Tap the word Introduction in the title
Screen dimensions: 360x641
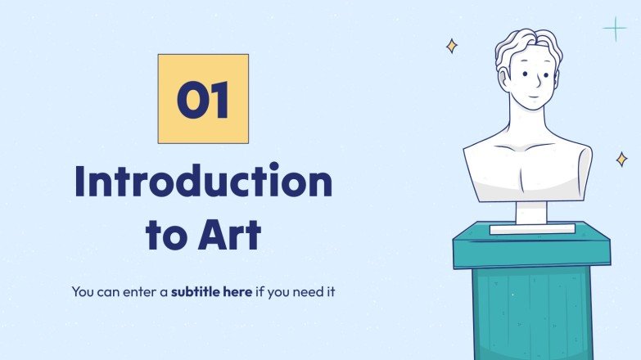tap(203, 182)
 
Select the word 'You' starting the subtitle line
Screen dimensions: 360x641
tap(83, 290)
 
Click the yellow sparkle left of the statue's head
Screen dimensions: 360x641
tap(451, 46)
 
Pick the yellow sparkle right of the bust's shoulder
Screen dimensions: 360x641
tap(622, 159)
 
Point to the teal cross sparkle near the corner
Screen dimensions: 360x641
tap(614, 29)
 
